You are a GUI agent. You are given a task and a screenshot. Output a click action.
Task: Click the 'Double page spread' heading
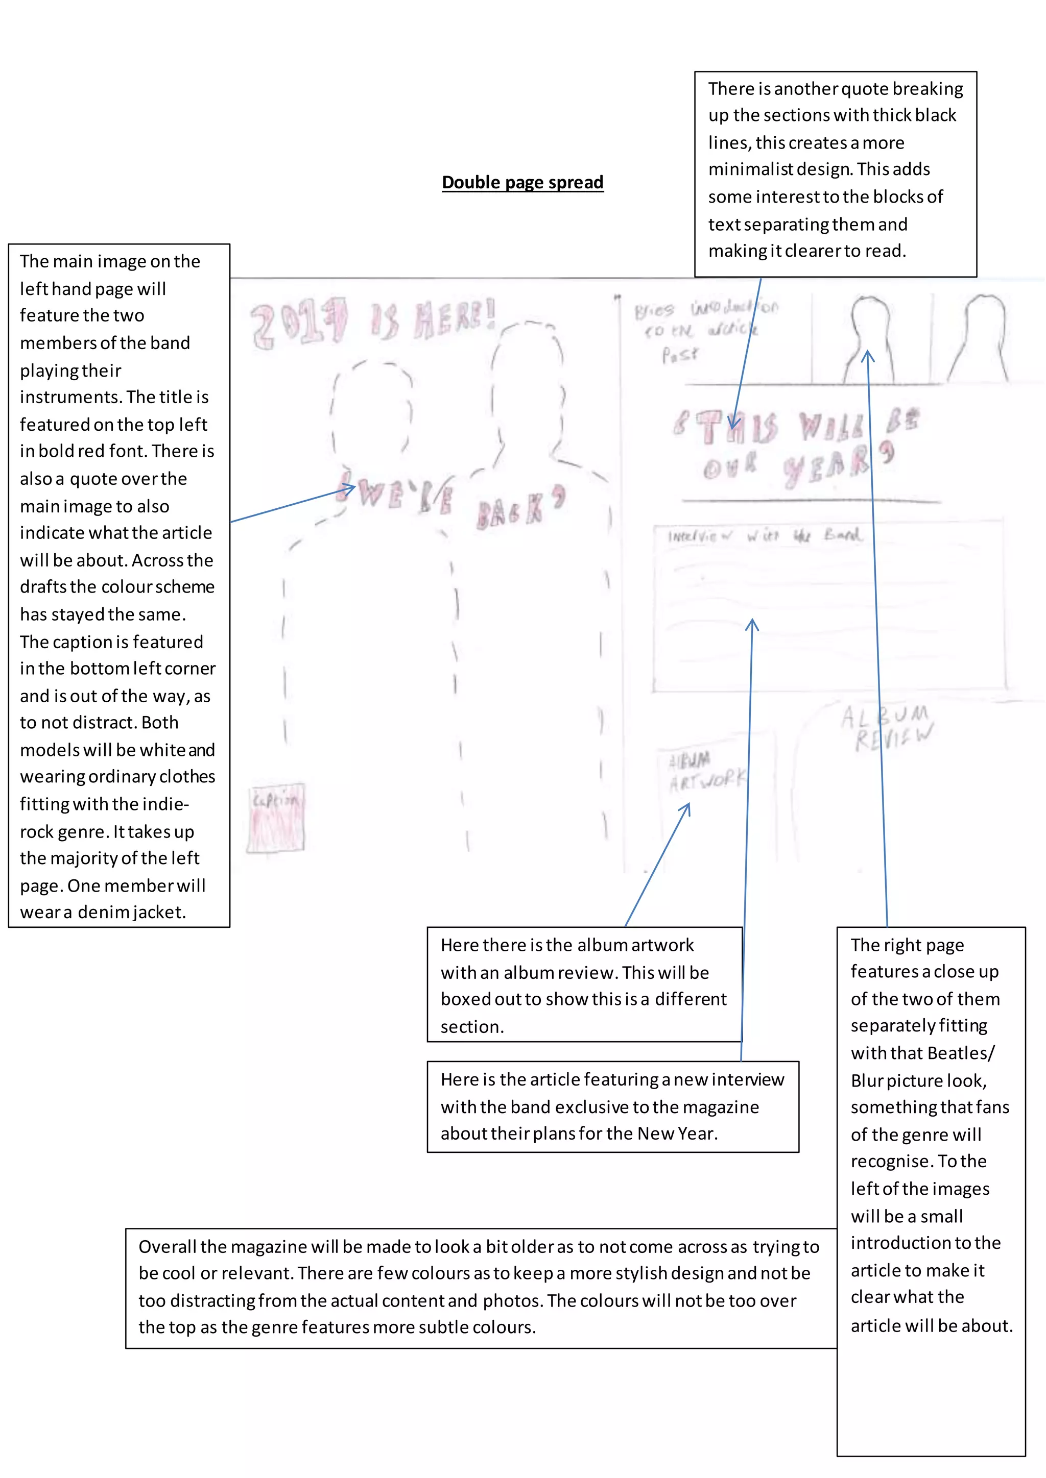(522, 183)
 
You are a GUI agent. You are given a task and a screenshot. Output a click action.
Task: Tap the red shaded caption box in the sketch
(276, 818)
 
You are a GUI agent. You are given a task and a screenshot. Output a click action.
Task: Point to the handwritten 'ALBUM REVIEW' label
(888, 727)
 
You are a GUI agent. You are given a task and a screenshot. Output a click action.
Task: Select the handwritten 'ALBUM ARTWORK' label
(706, 771)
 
